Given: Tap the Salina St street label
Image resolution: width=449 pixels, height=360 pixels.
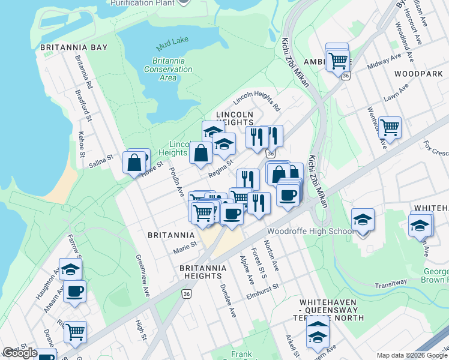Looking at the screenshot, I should pyautogui.click(x=101, y=160).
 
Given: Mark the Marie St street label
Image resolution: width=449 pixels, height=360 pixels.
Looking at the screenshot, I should pyautogui.click(x=185, y=245).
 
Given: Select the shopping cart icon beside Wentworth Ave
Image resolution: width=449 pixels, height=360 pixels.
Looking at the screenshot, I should pyautogui.click(x=390, y=128).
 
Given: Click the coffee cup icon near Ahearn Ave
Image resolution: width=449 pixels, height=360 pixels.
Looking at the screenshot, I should pyautogui.click(x=74, y=292).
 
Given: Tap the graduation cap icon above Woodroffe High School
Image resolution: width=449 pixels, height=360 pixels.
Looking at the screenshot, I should pyautogui.click(x=363, y=220).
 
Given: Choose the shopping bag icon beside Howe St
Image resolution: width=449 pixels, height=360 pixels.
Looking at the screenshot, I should pyautogui.click(x=134, y=162).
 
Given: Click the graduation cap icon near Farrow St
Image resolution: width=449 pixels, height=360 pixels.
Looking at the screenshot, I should pyautogui.click(x=70, y=269).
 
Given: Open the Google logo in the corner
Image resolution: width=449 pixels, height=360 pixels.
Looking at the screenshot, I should pyautogui.click(x=20, y=353).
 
